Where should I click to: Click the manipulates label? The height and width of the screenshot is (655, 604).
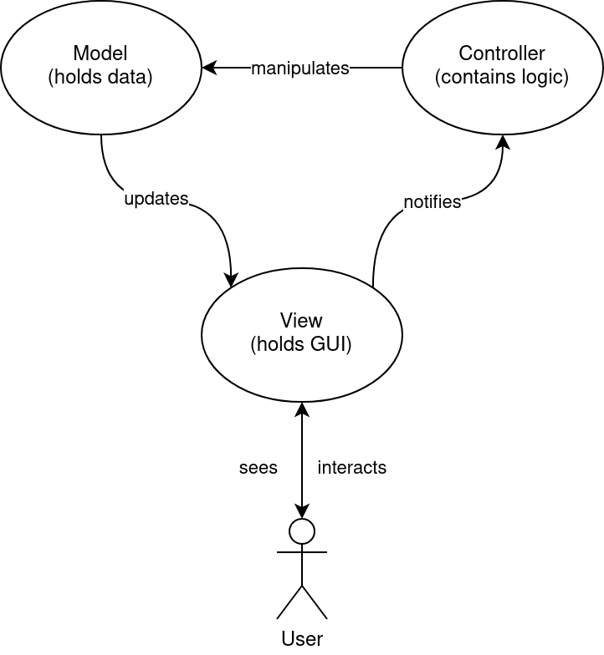300,69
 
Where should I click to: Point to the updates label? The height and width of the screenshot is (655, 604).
156,199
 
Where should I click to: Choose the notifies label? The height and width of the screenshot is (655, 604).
433,202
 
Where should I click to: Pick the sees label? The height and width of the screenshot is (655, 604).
258,468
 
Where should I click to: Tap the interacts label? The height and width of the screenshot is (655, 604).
352,468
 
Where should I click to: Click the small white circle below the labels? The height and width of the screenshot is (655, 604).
302,531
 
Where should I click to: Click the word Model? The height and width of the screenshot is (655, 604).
100,54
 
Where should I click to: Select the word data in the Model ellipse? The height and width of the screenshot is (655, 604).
131,78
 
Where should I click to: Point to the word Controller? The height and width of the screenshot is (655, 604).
502,54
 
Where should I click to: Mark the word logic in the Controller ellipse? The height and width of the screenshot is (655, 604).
545,78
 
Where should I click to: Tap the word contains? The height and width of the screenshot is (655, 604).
479,78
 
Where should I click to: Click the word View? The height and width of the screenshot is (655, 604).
301,321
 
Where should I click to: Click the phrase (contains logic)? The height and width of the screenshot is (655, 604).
502,78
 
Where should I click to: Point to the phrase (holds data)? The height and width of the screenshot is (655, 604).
100,78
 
